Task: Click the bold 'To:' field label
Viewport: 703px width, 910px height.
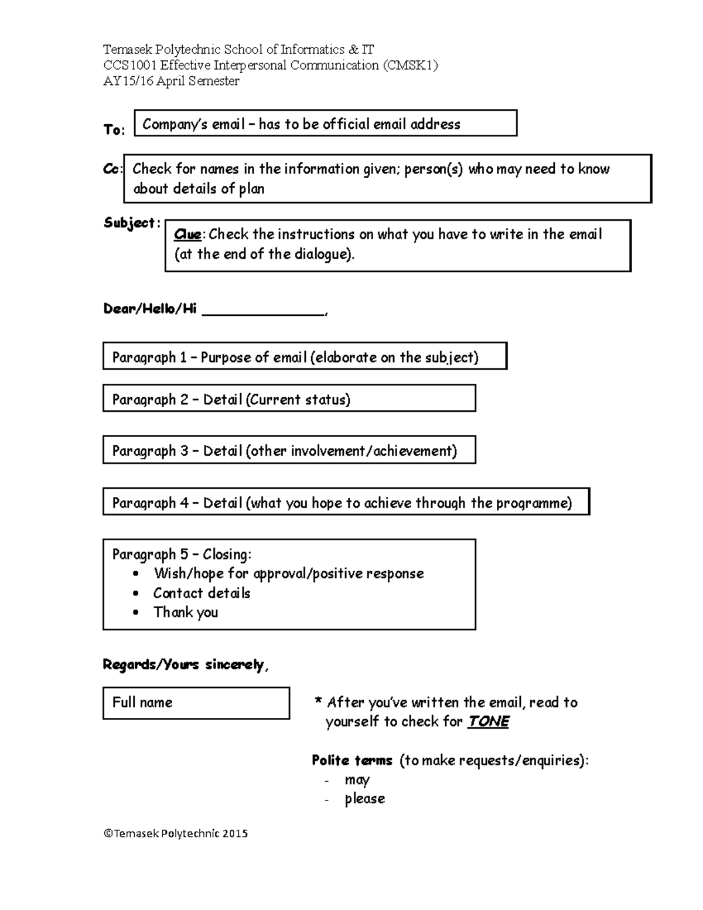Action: [x=114, y=130]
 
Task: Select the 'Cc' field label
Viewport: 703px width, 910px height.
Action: [x=111, y=169]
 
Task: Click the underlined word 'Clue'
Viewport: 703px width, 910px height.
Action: [x=187, y=234]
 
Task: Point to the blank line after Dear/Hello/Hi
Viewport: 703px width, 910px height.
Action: [x=263, y=311]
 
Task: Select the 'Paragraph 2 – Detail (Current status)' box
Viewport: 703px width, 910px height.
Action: [x=289, y=399]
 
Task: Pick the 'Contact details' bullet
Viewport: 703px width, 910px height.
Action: [x=202, y=593]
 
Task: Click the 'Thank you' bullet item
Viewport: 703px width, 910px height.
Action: [x=185, y=612]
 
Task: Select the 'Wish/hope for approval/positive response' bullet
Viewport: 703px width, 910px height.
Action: [x=288, y=574]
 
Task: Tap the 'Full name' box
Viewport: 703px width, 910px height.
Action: [x=196, y=703]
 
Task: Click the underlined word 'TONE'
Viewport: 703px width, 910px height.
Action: [x=488, y=721]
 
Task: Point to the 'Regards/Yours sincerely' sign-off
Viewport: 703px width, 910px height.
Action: [x=185, y=664]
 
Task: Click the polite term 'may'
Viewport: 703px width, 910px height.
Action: [x=357, y=780]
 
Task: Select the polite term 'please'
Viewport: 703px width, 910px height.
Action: [x=364, y=799]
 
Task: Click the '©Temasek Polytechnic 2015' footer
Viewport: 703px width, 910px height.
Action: [x=176, y=833]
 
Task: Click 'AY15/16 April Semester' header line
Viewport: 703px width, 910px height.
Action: [x=171, y=81]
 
